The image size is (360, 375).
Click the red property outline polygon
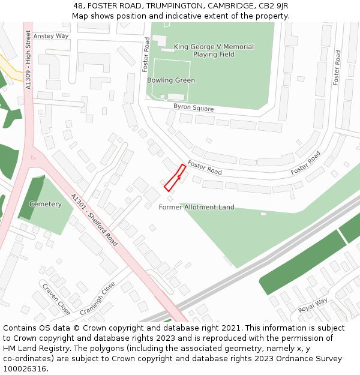pyautogui.click(x=175, y=178)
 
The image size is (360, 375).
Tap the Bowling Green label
pyautogui.click(x=171, y=80)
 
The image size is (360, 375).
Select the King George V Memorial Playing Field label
pyautogui.click(x=214, y=50)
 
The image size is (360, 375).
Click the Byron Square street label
pyautogui.click(x=193, y=108)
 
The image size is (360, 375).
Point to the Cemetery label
pyautogui.click(x=46, y=204)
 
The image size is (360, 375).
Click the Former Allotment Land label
pyautogui.click(x=196, y=208)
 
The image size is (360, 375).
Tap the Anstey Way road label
pyautogui.click(x=51, y=36)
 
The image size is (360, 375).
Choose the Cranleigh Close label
pyautogui.click(x=97, y=298)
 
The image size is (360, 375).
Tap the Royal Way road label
pyautogui.click(x=313, y=305)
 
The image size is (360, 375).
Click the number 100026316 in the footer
pyautogui.click(x=24, y=369)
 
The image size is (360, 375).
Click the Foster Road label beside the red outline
pyautogui.click(x=205, y=167)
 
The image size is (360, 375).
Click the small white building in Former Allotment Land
pyautogui.click(x=263, y=214)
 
